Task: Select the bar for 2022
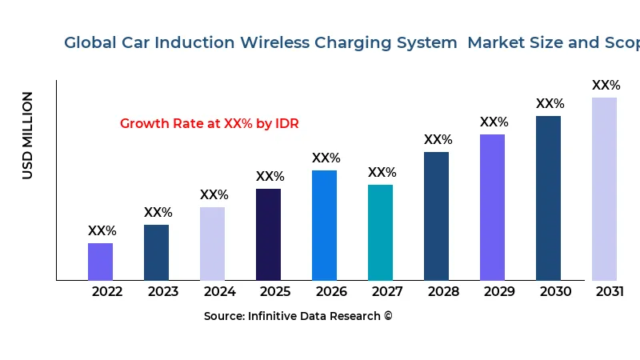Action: [x=100, y=262]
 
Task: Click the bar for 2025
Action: [x=268, y=234]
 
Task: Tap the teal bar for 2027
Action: [x=380, y=232]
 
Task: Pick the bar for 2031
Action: [x=604, y=189]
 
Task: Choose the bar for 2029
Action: [x=492, y=207]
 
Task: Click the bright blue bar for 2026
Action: [x=324, y=225]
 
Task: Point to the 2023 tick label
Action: [x=163, y=292]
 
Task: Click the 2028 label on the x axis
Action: [x=443, y=292]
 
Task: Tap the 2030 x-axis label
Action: [x=555, y=292]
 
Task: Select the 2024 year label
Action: [x=219, y=292]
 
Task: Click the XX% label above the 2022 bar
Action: [x=102, y=231]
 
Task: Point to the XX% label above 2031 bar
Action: [x=606, y=86]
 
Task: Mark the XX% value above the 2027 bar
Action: [x=382, y=173]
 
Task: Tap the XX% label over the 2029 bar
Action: [x=494, y=122]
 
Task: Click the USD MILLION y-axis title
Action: [x=28, y=135]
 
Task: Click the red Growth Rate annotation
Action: [x=209, y=124]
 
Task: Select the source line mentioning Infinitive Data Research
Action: [x=298, y=316]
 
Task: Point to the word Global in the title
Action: [x=90, y=42]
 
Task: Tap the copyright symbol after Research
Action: [x=388, y=316]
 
